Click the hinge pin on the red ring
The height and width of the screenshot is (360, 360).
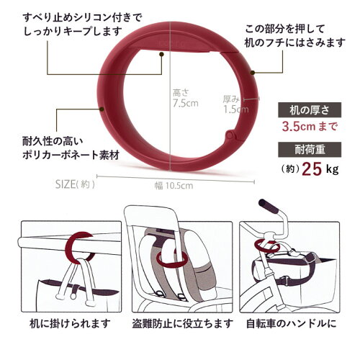(x=230, y=135)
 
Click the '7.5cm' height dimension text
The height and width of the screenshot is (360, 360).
(x=186, y=104)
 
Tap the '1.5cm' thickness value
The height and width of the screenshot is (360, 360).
(x=236, y=109)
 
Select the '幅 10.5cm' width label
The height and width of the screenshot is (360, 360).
(x=174, y=186)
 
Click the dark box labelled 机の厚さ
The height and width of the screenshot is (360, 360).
(x=310, y=110)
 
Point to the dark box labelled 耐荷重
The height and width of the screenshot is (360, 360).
(x=310, y=150)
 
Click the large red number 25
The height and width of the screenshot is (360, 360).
(x=312, y=169)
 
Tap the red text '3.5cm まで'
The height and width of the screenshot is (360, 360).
(x=310, y=127)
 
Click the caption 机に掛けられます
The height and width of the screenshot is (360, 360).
(x=71, y=323)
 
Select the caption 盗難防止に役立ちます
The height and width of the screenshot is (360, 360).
(x=183, y=323)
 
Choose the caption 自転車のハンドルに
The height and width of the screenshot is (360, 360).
(x=292, y=323)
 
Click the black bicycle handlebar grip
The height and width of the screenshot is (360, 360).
(x=269, y=206)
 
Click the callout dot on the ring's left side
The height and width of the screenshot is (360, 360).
(x=102, y=109)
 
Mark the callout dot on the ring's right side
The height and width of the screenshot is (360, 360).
(x=252, y=72)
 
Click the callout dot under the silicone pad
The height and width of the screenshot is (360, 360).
(x=161, y=55)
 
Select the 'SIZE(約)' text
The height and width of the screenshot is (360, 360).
(x=75, y=184)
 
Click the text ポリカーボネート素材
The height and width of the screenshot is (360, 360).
(x=71, y=156)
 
